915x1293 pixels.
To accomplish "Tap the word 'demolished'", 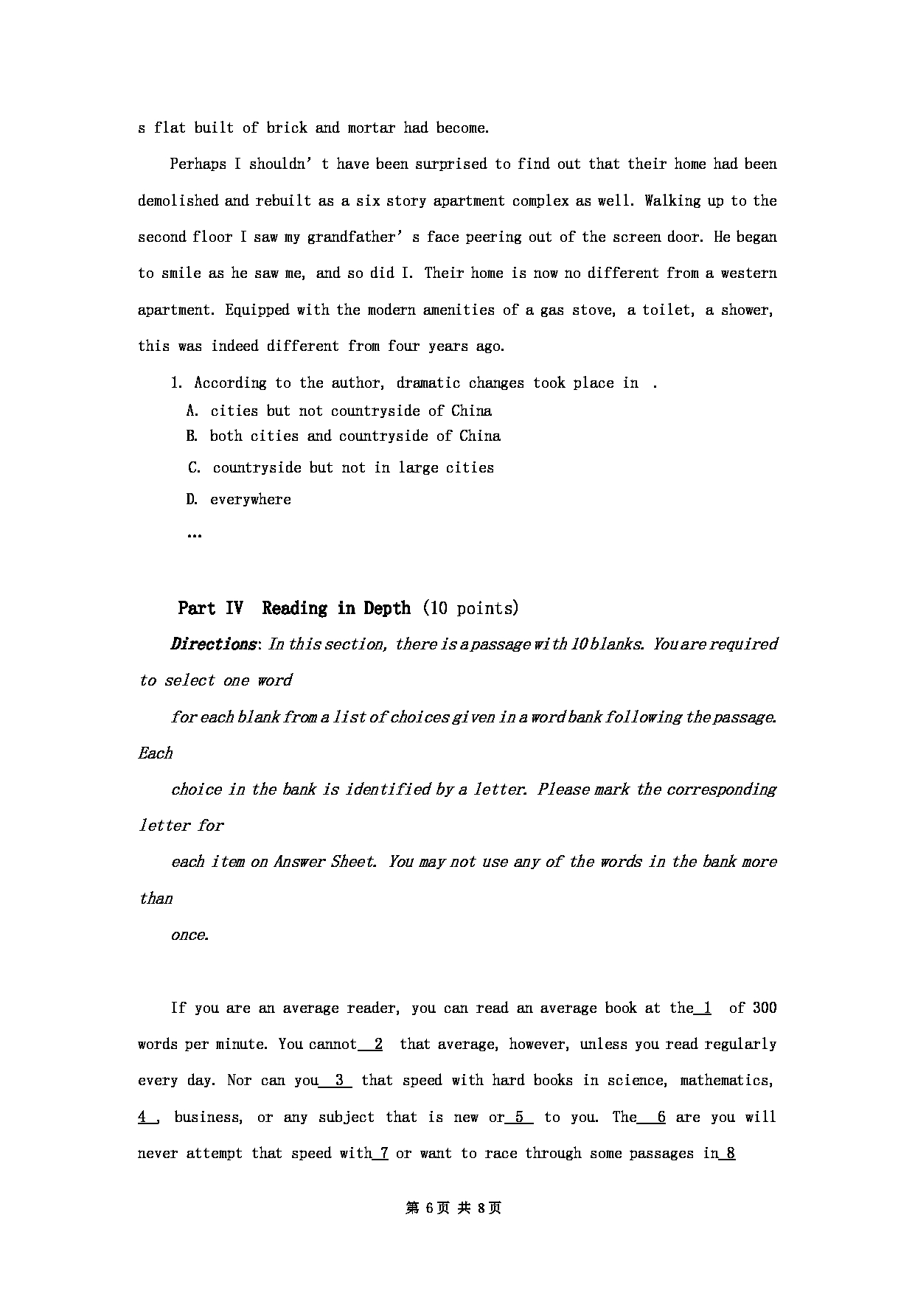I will [178, 201].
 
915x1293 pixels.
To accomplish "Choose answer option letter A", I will [192, 411].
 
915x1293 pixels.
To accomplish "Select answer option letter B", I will [192, 436].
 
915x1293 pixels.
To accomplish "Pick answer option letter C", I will [194, 467].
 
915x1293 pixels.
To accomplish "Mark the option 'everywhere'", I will [251, 499].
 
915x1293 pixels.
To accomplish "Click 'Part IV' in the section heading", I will [210, 608].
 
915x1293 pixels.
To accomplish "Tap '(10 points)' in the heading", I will [471, 608].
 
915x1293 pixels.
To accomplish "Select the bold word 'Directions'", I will [213, 644].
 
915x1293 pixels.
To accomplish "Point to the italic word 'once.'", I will [189, 935].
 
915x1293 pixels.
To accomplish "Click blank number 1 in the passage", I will [706, 1008].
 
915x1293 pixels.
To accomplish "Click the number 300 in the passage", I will [764, 1008].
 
